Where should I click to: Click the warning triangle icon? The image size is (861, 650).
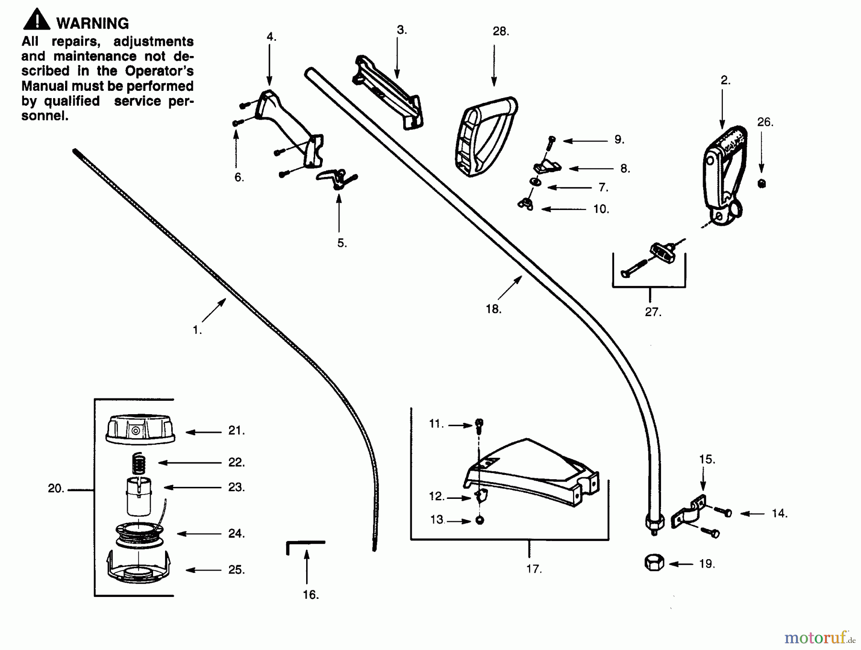tap(36, 21)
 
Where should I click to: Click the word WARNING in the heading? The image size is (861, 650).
tap(92, 23)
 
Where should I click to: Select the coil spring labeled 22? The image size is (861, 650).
tap(138, 463)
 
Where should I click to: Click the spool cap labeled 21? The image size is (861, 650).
tap(140, 430)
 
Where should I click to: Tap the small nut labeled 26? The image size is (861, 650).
tap(762, 183)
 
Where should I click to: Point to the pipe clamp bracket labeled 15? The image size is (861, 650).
tap(689, 512)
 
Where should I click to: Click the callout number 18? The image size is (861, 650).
tap(493, 309)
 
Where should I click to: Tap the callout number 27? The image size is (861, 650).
tap(652, 312)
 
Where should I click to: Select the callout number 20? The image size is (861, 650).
tap(55, 488)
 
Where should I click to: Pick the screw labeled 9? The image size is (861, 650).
tap(551, 140)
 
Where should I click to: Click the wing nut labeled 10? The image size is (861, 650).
tap(526, 204)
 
